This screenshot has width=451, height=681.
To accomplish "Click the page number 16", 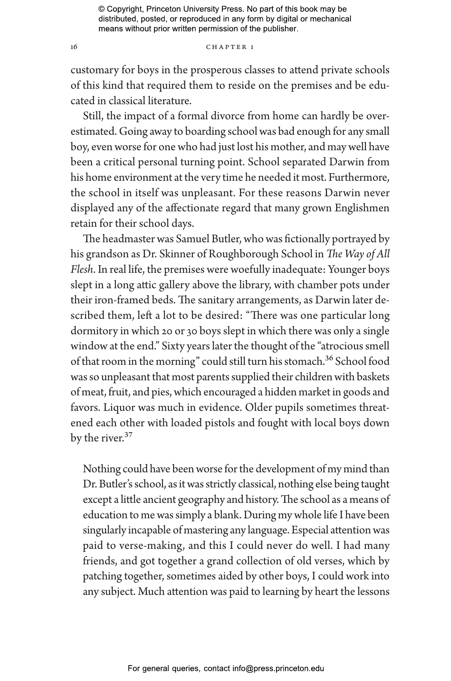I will [74, 47].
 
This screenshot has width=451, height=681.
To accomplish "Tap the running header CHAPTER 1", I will [230, 47].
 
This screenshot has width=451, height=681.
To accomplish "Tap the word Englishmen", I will [362, 208].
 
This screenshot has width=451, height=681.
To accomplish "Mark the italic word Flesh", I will [81, 270].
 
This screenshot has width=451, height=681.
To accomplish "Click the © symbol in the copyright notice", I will [102, 10].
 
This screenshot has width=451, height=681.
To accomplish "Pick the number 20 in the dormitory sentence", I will [167, 331].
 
